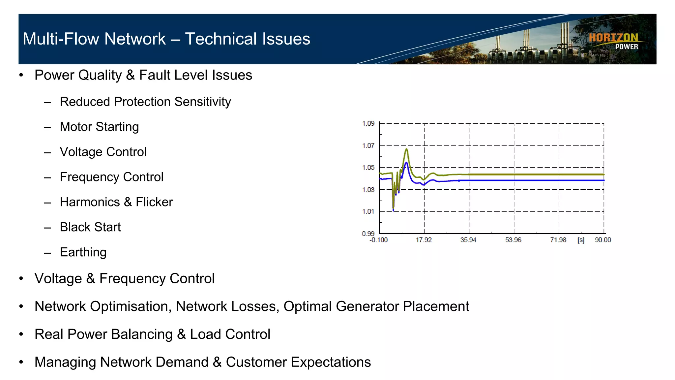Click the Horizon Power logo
coord(614,41)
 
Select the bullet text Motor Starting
coord(99,127)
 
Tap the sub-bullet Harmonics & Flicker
coord(116,202)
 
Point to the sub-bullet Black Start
coord(90,227)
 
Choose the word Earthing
coord(83,252)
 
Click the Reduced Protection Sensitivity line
coord(145,102)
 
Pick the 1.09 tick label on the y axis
coord(368,124)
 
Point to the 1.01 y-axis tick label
coord(368,211)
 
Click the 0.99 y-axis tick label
coord(368,234)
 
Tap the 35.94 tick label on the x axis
coord(468,240)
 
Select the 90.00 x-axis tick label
coord(603,240)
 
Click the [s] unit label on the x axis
coord(581,240)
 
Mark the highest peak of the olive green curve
coord(407,149)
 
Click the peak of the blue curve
coord(406,163)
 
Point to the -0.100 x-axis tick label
coord(378,240)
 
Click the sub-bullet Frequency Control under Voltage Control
coord(111,177)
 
